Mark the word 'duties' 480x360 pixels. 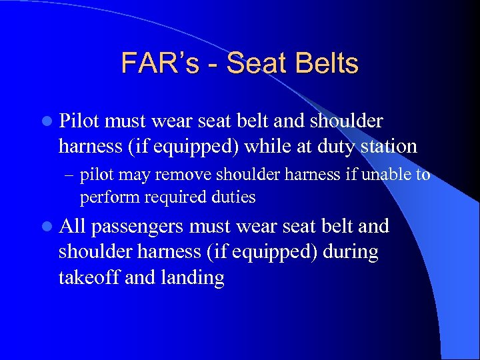click(233, 197)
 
